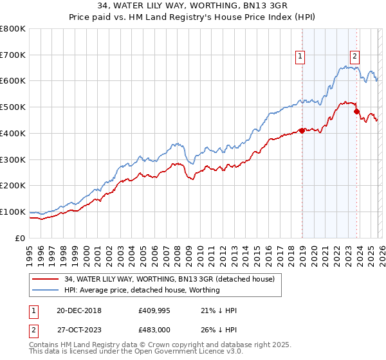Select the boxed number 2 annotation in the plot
pos(354,55)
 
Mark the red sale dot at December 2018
pos(302,130)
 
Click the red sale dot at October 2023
pos(357,111)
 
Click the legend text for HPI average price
pos(142,290)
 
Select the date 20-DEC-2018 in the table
pos(79,310)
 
